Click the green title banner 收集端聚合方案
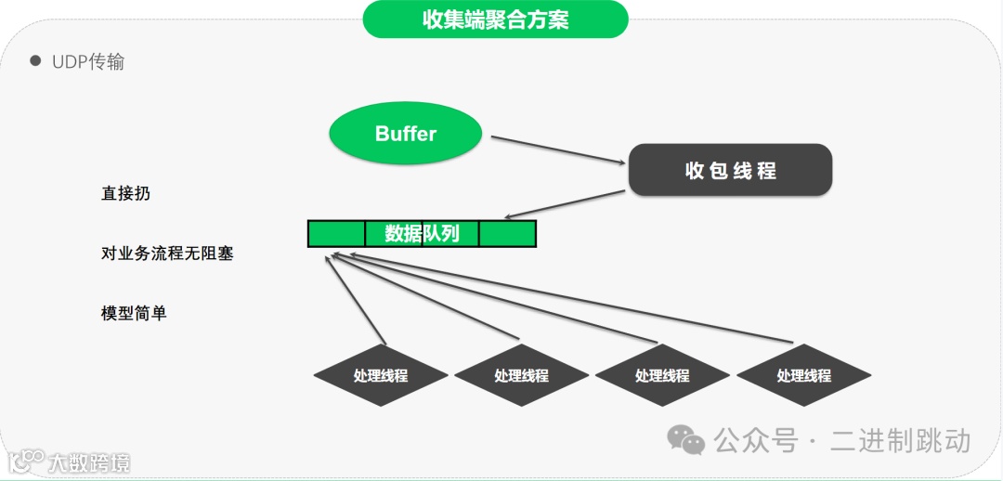tap(495, 19)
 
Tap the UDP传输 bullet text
tap(88, 62)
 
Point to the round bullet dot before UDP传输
tap(36, 60)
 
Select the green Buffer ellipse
tap(406, 134)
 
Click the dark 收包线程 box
tap(730, 171)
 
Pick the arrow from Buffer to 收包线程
tap(557, 150)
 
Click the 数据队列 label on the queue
tap(423, 234)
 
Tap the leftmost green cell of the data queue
tap(336, 234)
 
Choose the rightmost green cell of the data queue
tap(508, 234)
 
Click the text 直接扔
tap(125, 194)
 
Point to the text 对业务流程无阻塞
tap(167, 253)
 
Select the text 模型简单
tap(134, 313)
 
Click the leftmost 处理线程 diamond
tap(381, 376)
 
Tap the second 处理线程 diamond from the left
tap(521, 376)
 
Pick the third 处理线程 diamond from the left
tap(662, 376)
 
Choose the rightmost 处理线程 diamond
tap(803, 376)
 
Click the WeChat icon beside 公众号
tap(688, 439)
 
